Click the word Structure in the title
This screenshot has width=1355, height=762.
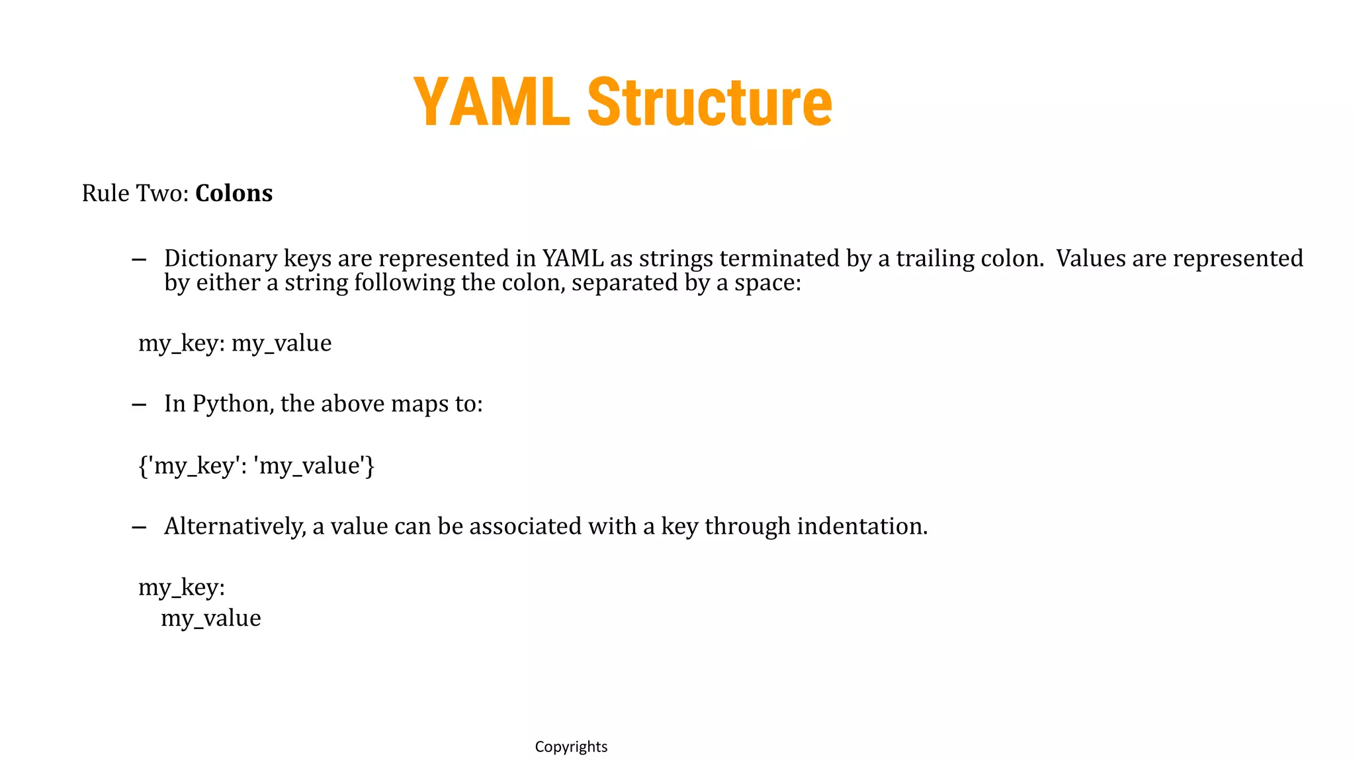click(709, 102)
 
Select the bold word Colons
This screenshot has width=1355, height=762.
click(234, 193)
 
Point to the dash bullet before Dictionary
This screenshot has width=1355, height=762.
click(139, 259)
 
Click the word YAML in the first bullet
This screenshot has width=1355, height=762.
click(573, 258)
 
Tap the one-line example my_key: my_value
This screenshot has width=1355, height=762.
click(235, 343)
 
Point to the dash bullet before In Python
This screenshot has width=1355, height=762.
click(139, 405)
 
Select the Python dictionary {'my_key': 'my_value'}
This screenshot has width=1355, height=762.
click(256, 466)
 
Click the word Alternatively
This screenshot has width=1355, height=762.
click(235, 526)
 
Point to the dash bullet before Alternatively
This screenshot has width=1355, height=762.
click(139, 527)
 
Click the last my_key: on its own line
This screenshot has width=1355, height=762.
click(181, 587)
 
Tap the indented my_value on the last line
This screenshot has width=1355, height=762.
click(211, 618)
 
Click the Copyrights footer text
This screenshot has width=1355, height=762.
click(571, 747)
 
